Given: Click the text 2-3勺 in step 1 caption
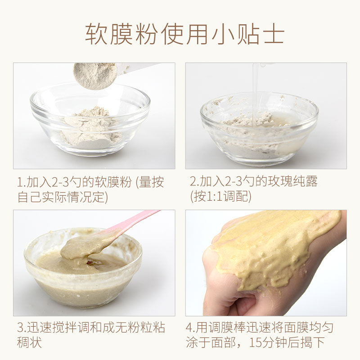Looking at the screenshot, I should click(61, 182).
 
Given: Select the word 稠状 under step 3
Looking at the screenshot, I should click(30, 342).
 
